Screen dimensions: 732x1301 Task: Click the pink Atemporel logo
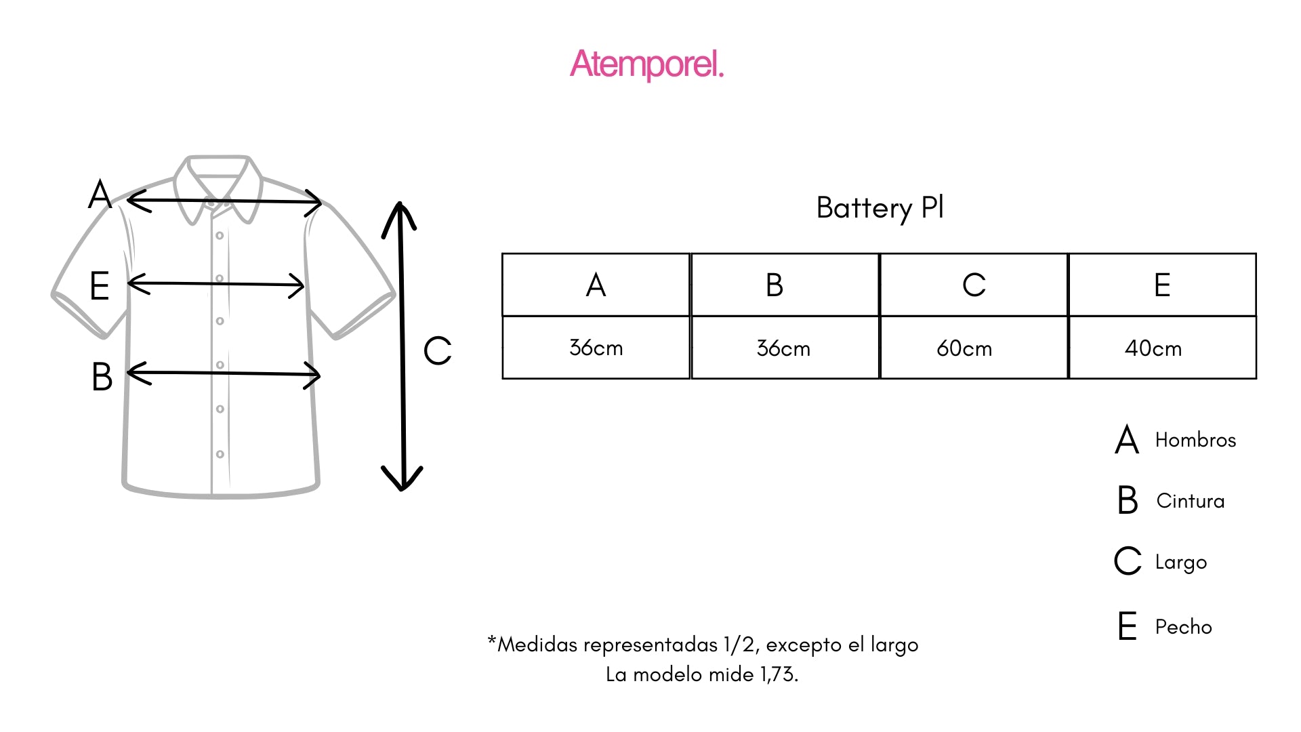(x=647, y=64)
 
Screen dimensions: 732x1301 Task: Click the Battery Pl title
(x=880, y=207)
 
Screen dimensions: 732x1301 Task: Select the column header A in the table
(x=596, y=285)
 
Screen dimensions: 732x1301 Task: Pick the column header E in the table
(x=1162, y=285)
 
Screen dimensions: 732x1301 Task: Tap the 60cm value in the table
(x=964, y=348)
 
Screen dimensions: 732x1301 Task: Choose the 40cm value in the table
(x=1153, y=348)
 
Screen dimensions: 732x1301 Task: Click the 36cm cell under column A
(x=596, y=348)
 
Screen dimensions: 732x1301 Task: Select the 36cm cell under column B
(x=783, y=348)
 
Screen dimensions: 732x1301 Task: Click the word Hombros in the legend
(x=1195, y=440)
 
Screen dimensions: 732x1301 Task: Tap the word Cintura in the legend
(x=1191, y=501)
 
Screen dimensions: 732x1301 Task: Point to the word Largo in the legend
(x=1181, y=563)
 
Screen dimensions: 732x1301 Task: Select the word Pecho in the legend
(x=1183, y=627)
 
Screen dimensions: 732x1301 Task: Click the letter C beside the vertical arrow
(x=437, y=351)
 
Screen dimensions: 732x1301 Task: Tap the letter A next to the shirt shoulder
(x=100, y=195)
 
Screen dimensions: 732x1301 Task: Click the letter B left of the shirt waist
(x=102, y=377)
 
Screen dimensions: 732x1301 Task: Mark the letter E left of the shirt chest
(x=100, y=285)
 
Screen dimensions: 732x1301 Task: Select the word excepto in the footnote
(x=804, y=645)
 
